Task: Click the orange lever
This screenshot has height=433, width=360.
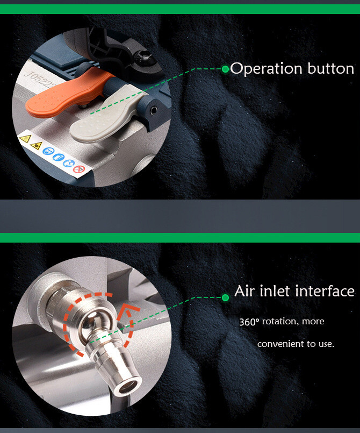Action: [66, 93]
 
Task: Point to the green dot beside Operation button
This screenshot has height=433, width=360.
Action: [225, 69]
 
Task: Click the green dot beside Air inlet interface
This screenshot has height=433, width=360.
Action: [225, 297]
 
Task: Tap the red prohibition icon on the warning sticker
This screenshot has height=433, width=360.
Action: [79, 168]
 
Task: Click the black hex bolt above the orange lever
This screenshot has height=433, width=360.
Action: [143, 58]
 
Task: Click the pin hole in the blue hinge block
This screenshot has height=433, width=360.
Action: [153, 110]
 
